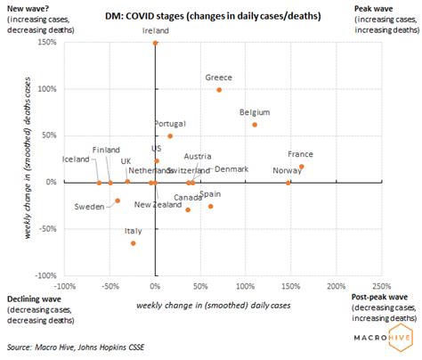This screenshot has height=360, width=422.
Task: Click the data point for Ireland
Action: click(155, 43)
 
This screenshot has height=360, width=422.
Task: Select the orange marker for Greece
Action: click(219, 89)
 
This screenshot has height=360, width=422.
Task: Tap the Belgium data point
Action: click(255, 125)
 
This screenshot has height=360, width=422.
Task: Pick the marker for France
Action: click(302, 167)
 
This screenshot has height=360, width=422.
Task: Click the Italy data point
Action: click(134, 242)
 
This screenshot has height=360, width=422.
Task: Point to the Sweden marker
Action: click(118, 200)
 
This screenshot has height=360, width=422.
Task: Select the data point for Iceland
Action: click(99, 182)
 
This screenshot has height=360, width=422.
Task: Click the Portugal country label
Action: click(170, 123)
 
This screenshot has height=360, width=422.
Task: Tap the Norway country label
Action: click(287, 169)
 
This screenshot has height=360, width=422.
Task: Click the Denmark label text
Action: click(231, 169)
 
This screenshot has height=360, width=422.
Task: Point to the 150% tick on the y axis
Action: click(48, 43)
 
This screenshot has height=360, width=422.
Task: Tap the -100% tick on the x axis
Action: click(64, 286)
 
